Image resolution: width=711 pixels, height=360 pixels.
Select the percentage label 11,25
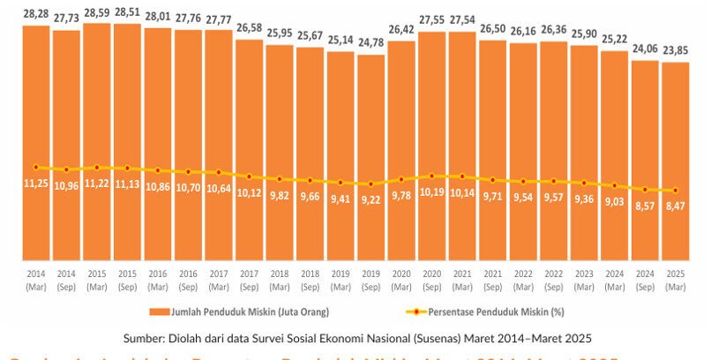pyautogui.click(x=36, y=184)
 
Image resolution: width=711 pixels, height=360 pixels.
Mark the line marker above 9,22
pyautogui.click(x=371, y=184)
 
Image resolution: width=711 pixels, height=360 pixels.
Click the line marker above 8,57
pyautogui.click(x=646, y=190)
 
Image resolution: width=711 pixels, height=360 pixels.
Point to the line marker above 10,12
pyautogui.click(x=250, y=176)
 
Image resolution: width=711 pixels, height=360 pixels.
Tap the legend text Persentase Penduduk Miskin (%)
pyautogui.click(x=490, y=311)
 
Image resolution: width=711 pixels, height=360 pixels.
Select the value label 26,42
pyautogui.click(x=401, y=28)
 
